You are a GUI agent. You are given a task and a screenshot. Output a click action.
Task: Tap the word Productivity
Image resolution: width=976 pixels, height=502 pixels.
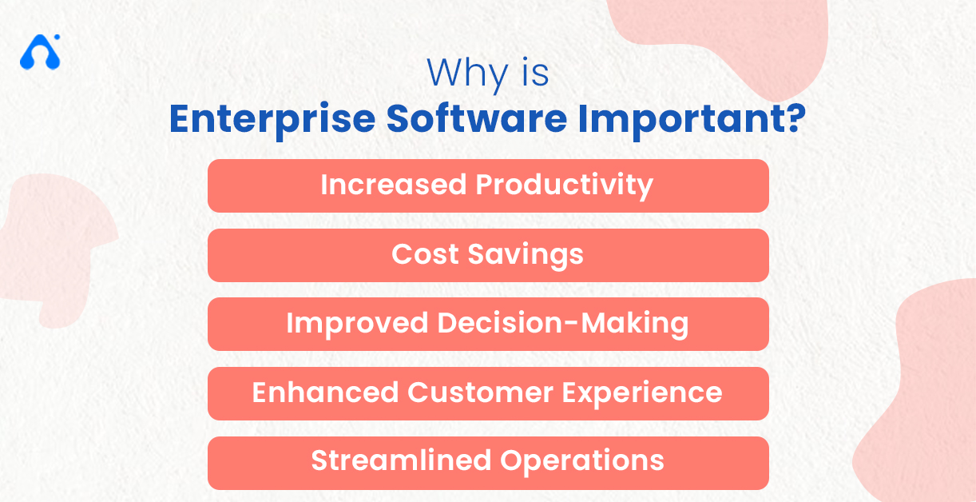[x=565, y=185]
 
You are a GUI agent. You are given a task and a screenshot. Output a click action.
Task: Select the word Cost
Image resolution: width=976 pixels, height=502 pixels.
[x=425, y=254]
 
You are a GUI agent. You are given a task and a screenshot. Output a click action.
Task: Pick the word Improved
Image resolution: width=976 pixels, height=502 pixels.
[x=357, y=324]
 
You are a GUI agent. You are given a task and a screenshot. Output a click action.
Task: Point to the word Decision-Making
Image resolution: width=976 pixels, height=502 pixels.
[x=562, y=324]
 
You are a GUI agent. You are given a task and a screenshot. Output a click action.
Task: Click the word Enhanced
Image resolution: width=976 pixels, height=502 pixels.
[x=325, y=392]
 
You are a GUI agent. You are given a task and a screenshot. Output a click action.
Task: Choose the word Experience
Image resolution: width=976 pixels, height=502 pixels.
[x=645, y=393]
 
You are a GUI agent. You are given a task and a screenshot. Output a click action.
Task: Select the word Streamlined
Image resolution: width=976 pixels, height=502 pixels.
[x=401, y=461]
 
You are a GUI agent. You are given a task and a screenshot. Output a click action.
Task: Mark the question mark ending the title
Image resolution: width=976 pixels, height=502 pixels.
[x=792, y=118]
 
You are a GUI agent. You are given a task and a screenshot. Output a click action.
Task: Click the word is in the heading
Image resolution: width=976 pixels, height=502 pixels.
[x=533, y=74]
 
